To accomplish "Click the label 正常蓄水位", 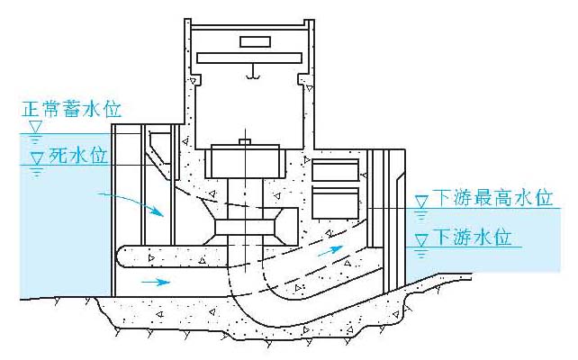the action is point(72,109).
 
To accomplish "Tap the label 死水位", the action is point(78,156).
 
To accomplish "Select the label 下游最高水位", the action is point(493,197).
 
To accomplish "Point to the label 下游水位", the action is point(473,237).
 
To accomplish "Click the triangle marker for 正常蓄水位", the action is point(36,127).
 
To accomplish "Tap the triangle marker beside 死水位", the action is point(37,158).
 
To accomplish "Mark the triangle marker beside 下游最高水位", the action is point(421,202).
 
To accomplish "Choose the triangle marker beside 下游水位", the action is point(421,240).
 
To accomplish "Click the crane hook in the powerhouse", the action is point(253,73).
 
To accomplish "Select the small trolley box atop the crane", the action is point(255,41).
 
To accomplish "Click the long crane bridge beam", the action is point(249,58).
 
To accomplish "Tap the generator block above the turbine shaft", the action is point(245,161).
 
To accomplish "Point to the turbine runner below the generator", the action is point(245,227).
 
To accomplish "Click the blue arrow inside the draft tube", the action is point(330,250).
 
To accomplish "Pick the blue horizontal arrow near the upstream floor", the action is point(156,282).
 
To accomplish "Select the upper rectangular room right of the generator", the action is point(336,170).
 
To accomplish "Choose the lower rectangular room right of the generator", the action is point(336,203).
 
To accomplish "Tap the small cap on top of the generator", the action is point(245,141).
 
